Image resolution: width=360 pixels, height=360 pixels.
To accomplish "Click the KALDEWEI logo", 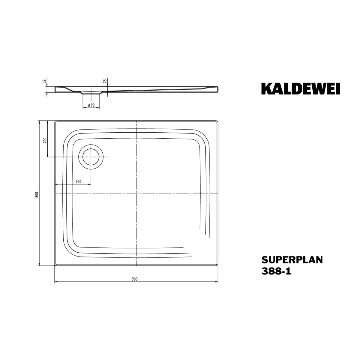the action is click(x=300, y=88).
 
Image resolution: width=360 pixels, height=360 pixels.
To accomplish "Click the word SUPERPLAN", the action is click(x=292, y=260).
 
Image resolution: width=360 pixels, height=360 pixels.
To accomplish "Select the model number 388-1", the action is click(x=276, y=271).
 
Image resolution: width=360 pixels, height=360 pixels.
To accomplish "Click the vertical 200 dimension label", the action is click(x=45, y=140).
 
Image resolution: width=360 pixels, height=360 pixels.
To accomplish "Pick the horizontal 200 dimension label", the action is click(x=78, y=181).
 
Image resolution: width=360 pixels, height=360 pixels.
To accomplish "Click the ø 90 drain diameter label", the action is click(x=91, y=105).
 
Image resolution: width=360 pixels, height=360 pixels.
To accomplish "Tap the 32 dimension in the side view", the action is click(x=44, y=81).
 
